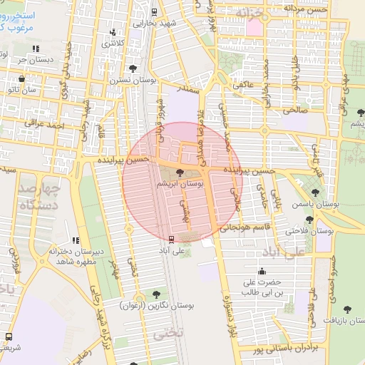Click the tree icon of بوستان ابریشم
[x=179, y=173]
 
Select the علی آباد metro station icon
[x=170, y=240]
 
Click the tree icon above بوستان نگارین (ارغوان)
[x=157, y=294]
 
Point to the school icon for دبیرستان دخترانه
[x=76, y=240]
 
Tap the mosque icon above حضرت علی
[x=262, y=270]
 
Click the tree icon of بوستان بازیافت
[x=347, y=309]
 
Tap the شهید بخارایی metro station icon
[x=155, y=11]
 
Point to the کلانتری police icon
[x=113, y=32]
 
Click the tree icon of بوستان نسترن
[x=133, y=68]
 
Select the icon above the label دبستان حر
[x=35, y=48]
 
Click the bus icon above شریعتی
[x=9, y=336]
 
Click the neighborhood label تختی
[x=171, y=333]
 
